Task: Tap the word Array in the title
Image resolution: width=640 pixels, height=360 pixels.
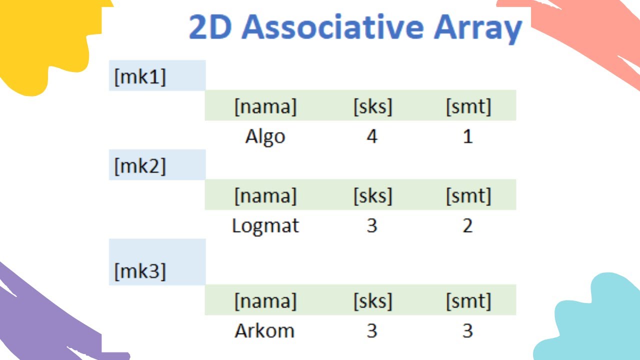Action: point(477,28)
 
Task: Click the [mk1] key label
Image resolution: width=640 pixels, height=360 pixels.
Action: point(140,77)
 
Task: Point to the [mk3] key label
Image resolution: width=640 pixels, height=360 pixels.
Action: point(140,271)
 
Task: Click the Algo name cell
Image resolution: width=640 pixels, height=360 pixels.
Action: point(265,136)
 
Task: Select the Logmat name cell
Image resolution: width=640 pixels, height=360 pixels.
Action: point(265,226)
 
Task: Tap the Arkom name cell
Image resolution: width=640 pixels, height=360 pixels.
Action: point(264,331)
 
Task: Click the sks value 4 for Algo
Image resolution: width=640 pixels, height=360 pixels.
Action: point(371,136)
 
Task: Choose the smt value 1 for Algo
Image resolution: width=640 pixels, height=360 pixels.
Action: point(467,136)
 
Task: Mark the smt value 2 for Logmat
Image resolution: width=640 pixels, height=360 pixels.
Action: point(467,226)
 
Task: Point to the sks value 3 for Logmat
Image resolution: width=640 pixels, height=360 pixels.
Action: point(371,226)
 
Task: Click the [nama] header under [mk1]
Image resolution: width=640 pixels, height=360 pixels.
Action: point(265,106)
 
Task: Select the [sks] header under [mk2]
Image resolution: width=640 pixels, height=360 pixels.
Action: point(372,195)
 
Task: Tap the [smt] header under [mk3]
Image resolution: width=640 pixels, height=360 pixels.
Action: point(468,301)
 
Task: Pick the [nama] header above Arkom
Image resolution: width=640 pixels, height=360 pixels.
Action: point(265,301)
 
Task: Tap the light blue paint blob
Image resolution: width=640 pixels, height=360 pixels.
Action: point(595,320)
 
